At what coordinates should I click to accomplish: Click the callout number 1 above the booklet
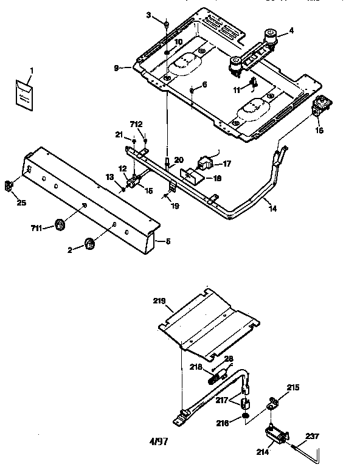click(x=32, y=71)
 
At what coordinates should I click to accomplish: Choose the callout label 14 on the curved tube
click(x=272, y=208)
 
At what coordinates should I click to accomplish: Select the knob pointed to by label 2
click(x=91, y=243)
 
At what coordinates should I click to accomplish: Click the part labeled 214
click(x=273, y=436)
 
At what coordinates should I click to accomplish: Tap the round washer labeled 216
click(x=244, y=416)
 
